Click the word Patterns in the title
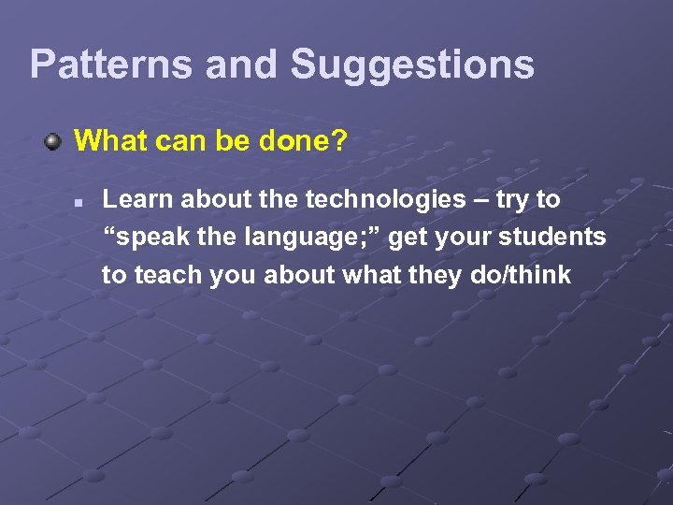(111, 65)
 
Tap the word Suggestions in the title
(412, 65)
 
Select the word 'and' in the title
(242, 65)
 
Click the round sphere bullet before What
(55, 143)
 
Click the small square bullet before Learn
(82, 201)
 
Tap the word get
(408, 238)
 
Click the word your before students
(465, 238)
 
